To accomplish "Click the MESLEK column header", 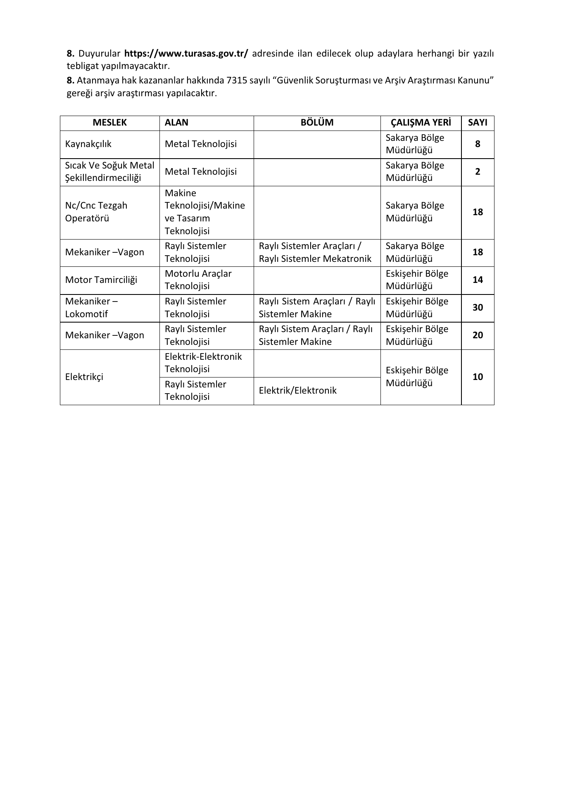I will (109, 123).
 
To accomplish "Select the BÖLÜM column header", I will (317, 123).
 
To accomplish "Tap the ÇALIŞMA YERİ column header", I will (421, 123).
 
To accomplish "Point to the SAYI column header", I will (478, 123).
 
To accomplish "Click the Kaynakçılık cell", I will (88, 144).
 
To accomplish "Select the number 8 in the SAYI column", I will (478, 144).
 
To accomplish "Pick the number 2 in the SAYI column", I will (478, 172).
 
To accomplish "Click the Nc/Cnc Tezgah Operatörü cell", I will (96, 212).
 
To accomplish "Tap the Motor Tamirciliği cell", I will (101, 280).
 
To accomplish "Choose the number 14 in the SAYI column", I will (478, 280).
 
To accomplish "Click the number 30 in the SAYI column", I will (478, 308).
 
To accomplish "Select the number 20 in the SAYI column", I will (478, 335).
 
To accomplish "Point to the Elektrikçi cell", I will (84, 377).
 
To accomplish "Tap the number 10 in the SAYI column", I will (478, 377).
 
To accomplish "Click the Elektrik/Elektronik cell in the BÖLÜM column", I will (297, 391).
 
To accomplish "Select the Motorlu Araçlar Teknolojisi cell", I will (198, 280).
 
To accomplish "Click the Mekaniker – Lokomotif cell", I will (92, 308).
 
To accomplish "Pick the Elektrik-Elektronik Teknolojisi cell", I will (203, 363).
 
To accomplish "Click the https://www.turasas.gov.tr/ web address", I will (186, 54).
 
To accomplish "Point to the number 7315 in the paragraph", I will (236, 81).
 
